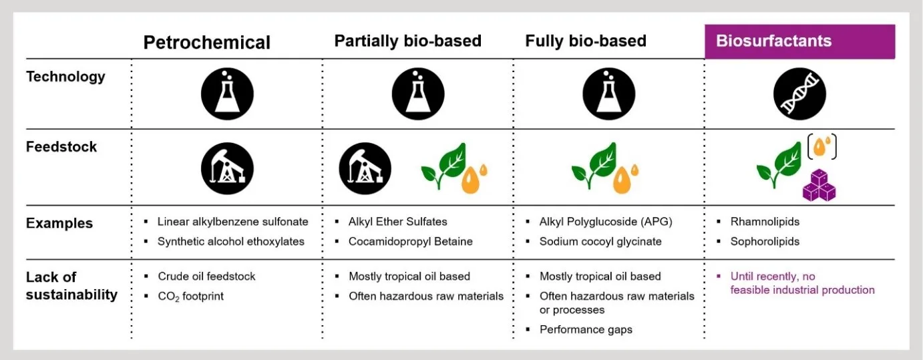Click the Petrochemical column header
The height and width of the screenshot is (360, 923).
coord(207,43)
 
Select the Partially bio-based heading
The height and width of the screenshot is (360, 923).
coord(407,41)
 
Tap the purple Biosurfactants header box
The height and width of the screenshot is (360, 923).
coord(800,41)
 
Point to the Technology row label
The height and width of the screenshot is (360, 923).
coord(65,77)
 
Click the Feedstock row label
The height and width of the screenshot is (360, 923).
coord(61,147)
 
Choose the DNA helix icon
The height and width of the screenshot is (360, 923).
coord(799,94)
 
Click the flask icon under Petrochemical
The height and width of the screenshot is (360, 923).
coord(227,94)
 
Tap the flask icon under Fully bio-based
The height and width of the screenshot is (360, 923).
coord(608,94)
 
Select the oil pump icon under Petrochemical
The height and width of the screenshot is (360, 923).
coord(227,168)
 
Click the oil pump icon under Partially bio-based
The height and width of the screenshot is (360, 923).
coord(365,168)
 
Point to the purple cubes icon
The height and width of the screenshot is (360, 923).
coord(819,186)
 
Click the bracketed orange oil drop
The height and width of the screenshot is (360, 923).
coord(822,147)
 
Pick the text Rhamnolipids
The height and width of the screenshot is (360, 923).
coord(765,222)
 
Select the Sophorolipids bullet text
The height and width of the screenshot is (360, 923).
coord(765,241)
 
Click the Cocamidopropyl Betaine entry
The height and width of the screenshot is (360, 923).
coord(410,241)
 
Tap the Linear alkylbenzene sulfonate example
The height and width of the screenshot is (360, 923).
coord(233,222)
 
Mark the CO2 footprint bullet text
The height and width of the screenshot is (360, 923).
coord(191,296)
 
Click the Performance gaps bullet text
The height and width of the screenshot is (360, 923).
coord(586,329)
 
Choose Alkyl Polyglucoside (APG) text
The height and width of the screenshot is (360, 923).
coord(606,222)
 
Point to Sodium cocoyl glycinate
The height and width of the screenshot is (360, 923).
coord(600,241)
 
